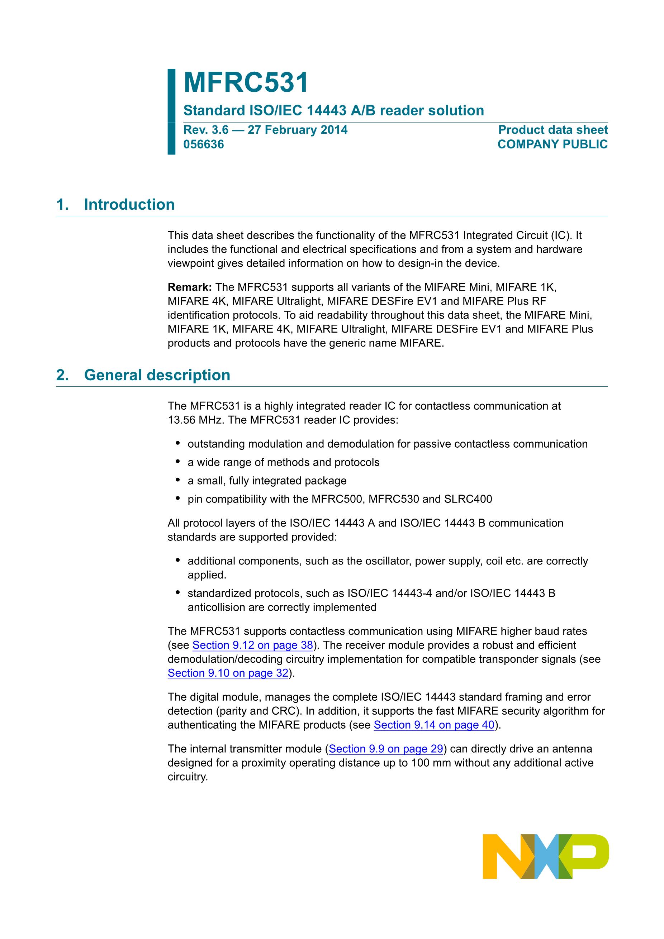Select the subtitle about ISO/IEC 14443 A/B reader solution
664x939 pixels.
click(333, 110)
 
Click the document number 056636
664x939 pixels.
click(203, 144)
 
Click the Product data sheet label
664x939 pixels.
click(553, 130)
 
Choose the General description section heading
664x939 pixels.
click(157, 375)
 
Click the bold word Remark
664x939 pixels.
click(189, 287)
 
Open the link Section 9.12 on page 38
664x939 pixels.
click(252, 645)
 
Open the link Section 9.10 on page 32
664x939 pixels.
click(228, 673)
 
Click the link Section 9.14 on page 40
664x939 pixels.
click(434, 725)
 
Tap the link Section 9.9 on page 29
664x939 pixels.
click(386, 749)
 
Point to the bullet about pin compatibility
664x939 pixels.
click(340, 499)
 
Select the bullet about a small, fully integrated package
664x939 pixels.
click(267, 481)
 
